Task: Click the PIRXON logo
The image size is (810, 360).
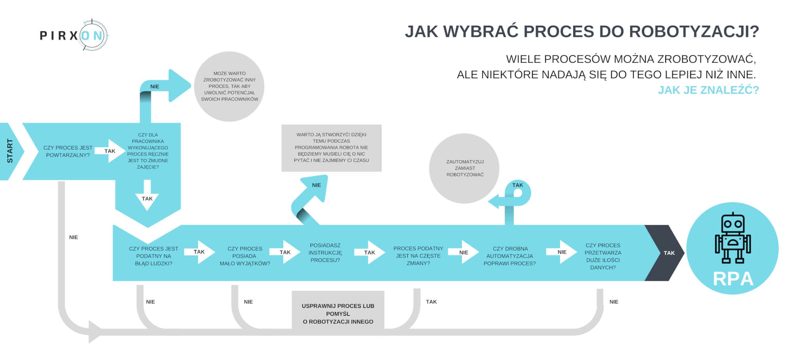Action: (x=74, y=35)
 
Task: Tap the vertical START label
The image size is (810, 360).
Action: (x=10, y=151)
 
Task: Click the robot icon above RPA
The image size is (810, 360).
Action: (x=732, y=238)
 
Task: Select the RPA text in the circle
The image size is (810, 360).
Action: (x=732, y=279)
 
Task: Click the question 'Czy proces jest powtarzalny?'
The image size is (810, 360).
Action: (x=68, y=151)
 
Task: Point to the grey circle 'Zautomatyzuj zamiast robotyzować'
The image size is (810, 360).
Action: (x=464, y=168)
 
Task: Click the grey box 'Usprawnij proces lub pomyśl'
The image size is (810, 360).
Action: (x=338, y=313)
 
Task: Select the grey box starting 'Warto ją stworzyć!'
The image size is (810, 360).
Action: (x=331, y=148)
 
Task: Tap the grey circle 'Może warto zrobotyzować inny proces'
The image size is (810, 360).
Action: (x=229, y=86)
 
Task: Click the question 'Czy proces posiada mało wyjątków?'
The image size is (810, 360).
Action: (x=245, y=256)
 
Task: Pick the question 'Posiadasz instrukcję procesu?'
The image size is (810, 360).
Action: (x=325, y=252)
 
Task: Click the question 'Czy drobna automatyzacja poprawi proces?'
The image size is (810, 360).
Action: (x=510, y=256)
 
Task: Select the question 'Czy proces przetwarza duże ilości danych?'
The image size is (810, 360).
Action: (x=603, y=256)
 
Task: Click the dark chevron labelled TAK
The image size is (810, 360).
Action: (x=666, y=253)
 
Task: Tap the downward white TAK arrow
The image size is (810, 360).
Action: (x=147, y=196)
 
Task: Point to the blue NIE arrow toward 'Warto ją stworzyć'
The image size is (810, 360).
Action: (x=312, y=194)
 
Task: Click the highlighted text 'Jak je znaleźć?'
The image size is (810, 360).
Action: (x=708, y=90)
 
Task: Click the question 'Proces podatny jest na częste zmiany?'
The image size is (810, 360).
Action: (x=418, y=256)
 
